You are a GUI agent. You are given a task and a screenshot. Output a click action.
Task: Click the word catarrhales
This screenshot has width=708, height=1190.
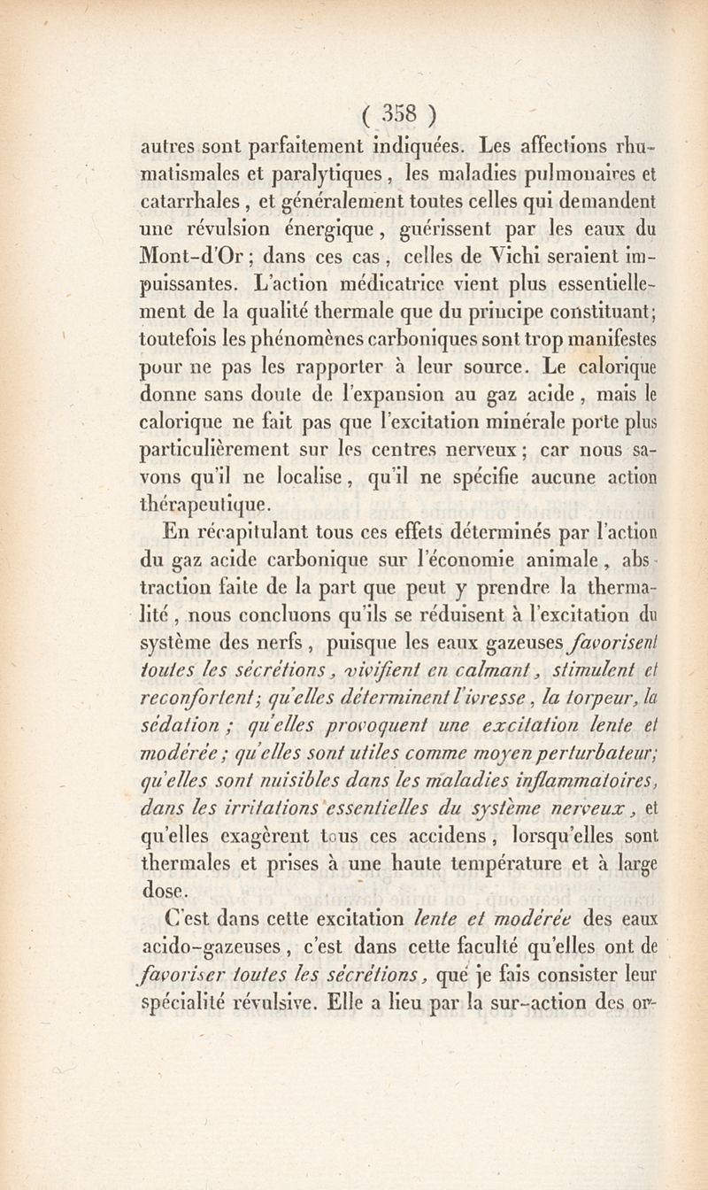point(186,197)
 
